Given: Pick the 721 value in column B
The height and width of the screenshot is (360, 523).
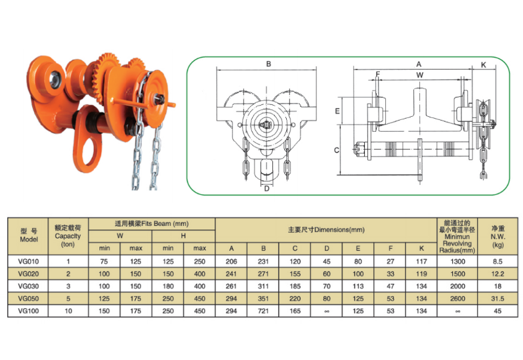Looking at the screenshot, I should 263,311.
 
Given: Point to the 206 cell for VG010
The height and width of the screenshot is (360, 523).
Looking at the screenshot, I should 231,261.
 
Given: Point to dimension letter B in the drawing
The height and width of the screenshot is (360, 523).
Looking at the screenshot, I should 268,64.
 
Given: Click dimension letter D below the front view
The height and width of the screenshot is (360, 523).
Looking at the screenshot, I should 266,189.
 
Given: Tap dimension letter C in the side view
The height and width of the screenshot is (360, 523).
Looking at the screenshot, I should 337,150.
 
